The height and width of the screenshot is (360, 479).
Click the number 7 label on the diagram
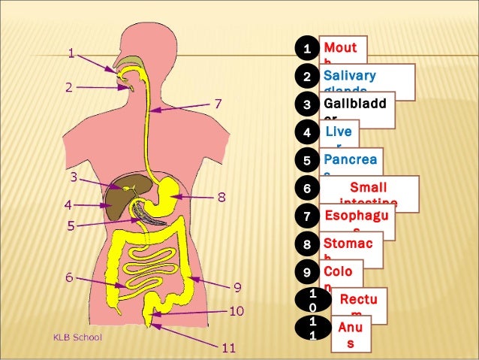click(x=218, y=103)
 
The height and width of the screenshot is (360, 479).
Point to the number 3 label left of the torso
click(x=74, y=178)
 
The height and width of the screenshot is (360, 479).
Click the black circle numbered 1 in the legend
click(x=306, y=50)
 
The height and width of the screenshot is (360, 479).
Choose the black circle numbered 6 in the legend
click(x=306, y=188)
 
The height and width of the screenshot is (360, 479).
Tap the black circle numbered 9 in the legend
click(x=306, y=271)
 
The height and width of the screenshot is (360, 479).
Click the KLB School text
click(x=77, y=337)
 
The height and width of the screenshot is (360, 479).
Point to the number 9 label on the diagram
click(x=236, y=286)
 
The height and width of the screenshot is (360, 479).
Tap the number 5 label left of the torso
click(x=71, y=225)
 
